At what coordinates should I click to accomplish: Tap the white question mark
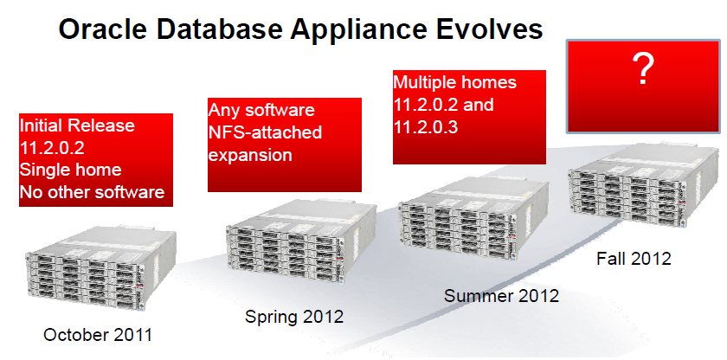pos(642,68)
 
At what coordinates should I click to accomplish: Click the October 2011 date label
pos(97,335)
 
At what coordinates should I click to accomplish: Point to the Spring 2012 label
pos(294,317)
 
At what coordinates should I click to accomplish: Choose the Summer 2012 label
pos(501,296)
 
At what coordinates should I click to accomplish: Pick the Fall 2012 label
pos(634,258)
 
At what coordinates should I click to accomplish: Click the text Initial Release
pos(77,125)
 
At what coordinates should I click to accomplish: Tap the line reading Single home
pos(70,170)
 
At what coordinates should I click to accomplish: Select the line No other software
pos(93,192)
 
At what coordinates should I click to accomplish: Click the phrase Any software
pos(261,110)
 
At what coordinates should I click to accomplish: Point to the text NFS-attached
pos(265,132)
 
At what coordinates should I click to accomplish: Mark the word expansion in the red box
pos(250,155)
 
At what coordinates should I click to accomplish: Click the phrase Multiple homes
pos(455,82)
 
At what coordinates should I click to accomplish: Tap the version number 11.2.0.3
pos(426,127)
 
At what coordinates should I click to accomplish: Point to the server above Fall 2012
pos(645,185)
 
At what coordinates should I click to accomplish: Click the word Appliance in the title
pos(360,29)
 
